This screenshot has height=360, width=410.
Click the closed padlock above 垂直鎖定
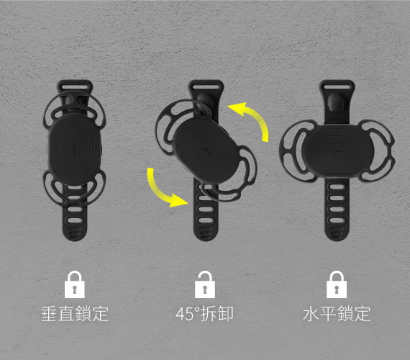click(x=75, y=285)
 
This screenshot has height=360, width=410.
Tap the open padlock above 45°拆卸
click(x=205, y=284)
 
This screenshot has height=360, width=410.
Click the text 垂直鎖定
click(x=75, y=315)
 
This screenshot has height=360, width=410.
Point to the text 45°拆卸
click(x=205, y=315)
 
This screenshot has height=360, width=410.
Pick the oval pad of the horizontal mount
click(x=336, y=148)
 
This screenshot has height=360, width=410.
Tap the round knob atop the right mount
click(x=336, y=100)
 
